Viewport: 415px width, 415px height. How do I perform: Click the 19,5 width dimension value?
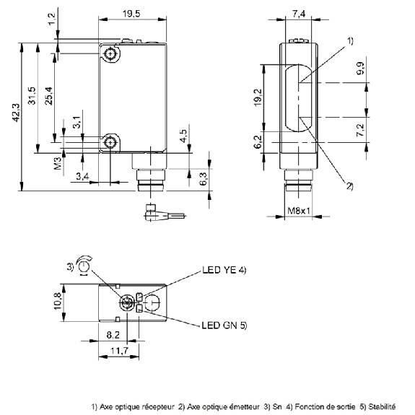(x=131, y=14)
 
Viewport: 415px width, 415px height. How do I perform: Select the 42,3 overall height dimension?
(x=16, y=113)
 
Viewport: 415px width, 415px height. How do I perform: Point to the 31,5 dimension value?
(x=32, y=95)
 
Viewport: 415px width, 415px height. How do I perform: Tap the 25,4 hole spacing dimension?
(x=49, y=96)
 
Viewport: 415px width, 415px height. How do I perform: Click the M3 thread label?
(x=58, y=163)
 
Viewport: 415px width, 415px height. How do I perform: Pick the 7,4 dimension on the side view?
(x=299, y=14)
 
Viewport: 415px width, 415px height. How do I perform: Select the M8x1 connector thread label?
(x=299, y=211)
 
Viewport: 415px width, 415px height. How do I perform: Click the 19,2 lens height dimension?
(x=258, y=97)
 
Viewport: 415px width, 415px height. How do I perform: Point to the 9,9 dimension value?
(x=360, y=69)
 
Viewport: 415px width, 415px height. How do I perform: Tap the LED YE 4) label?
(x=224, y=270)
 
